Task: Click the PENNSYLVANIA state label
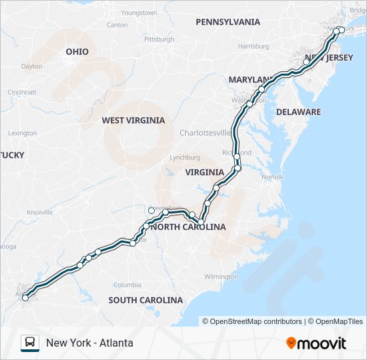[228, 22]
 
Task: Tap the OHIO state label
[77, 51]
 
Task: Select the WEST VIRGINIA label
[133, 121]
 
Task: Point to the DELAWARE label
[298, 112]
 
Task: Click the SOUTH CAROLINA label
[145, 300]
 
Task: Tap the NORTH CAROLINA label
[189, 227]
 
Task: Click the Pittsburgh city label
[158, 39]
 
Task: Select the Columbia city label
[127, 285]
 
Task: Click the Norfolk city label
[272, 177]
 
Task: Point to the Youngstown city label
[139, 13]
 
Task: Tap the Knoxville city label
[39, 212]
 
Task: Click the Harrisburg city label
[253, 47]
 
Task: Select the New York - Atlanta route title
[89, 343]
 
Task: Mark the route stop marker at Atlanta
[25, 297]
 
